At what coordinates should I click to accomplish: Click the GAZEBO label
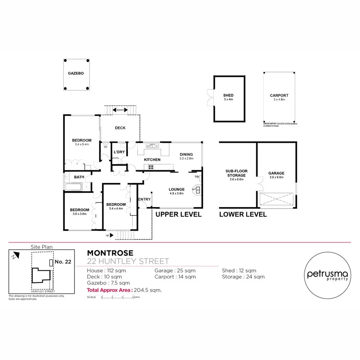[76, 73]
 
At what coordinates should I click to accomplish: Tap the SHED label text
[228, 95]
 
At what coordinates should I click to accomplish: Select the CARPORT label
[279, 95]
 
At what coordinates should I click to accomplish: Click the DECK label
[120, 128]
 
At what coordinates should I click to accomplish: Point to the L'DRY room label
[119, 152]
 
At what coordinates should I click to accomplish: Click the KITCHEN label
[152, 160]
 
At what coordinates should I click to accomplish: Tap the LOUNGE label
[177, 189]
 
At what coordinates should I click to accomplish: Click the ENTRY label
[144, 199]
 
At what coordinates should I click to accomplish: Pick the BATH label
[79, 177]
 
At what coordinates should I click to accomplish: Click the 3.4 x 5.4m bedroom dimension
[82, 144]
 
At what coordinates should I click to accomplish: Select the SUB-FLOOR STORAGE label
[236, 173]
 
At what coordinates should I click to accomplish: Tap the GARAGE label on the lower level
[276, 173]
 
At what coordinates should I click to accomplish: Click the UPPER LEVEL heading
[178, 214]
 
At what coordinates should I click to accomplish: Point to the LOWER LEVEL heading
[243, 214]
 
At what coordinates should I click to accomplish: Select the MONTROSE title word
[110, 253]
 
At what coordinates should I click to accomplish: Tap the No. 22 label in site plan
[63, 262]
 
